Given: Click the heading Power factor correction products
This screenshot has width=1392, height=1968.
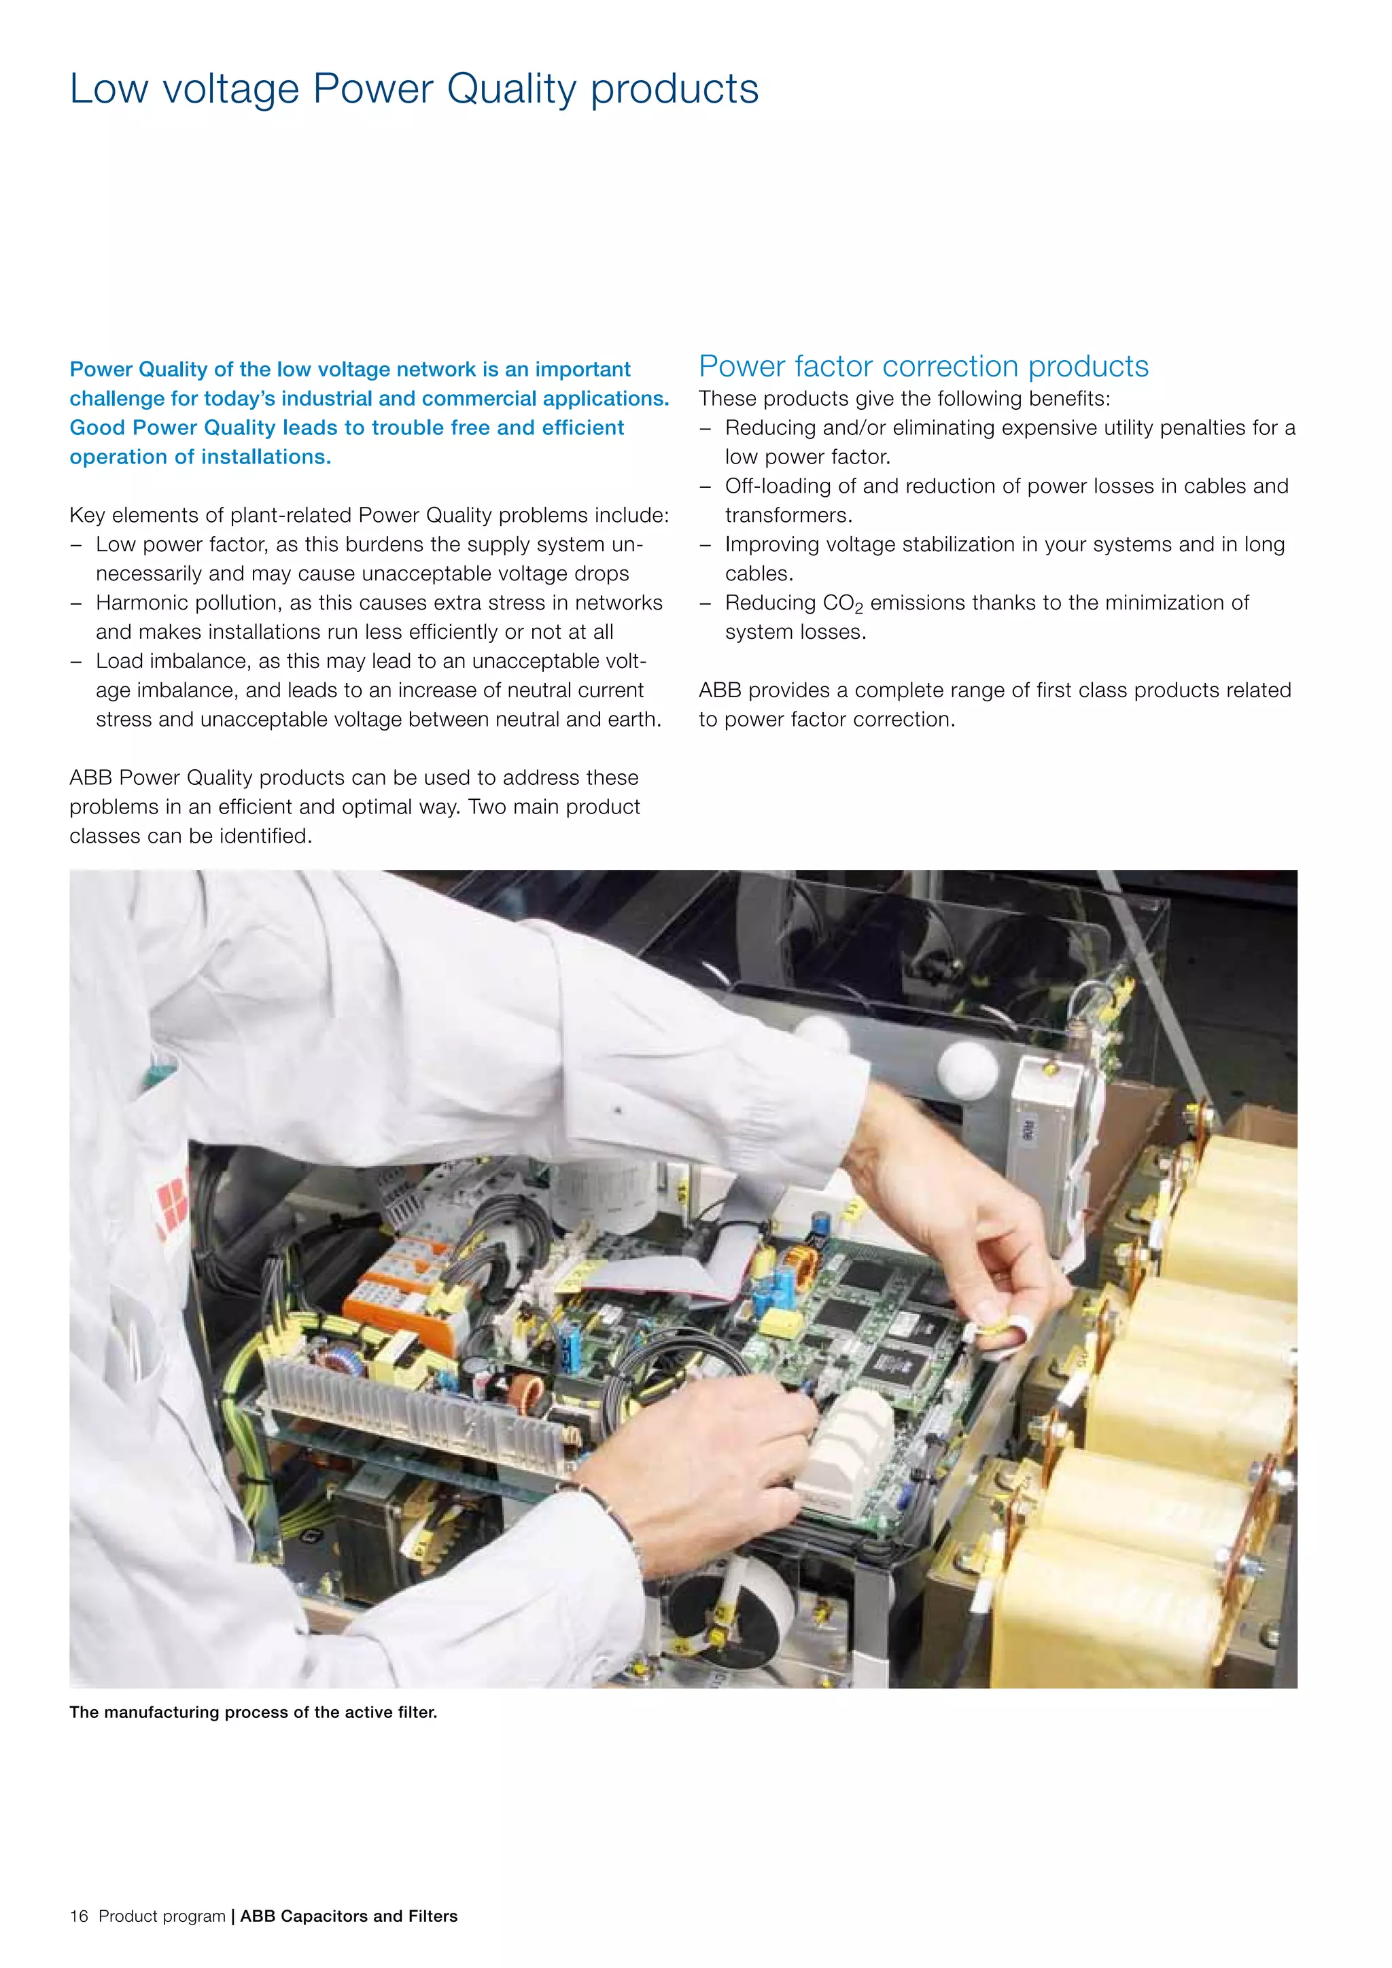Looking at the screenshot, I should coord(923,366).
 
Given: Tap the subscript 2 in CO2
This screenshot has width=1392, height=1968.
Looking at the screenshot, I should coord(859,609).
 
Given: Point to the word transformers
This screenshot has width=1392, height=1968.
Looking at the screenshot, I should coord(788,515).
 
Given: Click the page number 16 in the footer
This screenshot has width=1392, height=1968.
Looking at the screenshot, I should coord(79,1916).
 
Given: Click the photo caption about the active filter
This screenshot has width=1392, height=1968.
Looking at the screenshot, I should coord(253,1712).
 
